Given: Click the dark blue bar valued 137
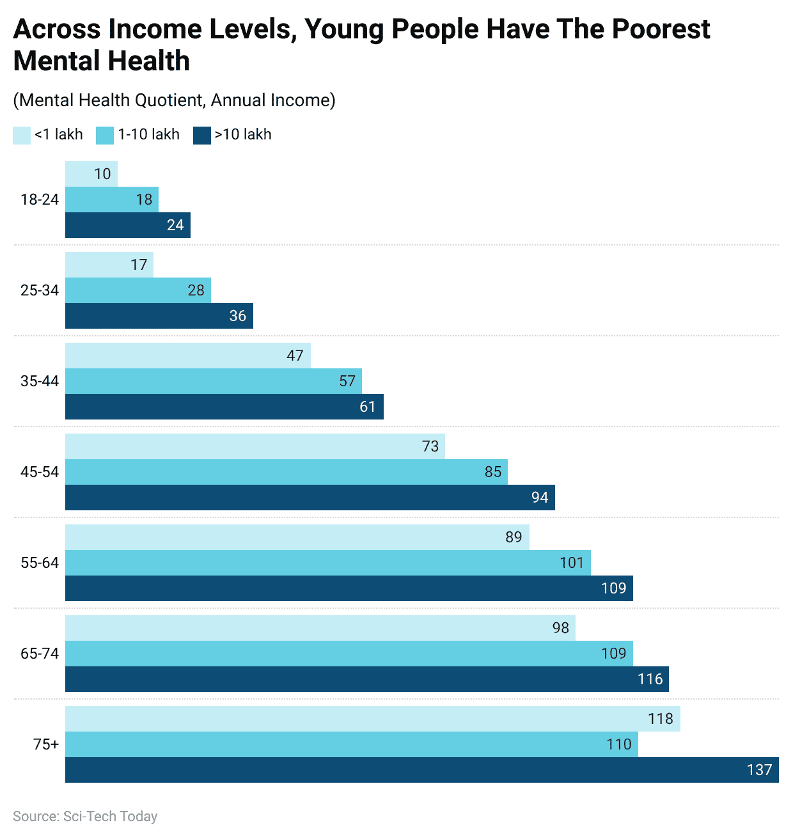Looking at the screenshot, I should pos(422,770).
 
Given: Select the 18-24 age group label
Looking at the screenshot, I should pos(40,200).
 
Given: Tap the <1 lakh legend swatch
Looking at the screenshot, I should pos(22,135).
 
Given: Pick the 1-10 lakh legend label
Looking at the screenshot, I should pos(148,135).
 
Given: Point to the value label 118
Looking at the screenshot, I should pos(660,719).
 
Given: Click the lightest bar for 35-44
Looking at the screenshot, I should pos(188,356).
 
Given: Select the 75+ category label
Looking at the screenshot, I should pos(46,744).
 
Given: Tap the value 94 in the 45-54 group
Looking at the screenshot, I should pos(540,498).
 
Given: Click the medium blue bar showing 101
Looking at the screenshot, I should pos(327,563).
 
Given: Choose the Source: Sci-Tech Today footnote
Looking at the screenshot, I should pos(85,817).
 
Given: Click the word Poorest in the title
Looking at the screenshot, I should pos(661,29).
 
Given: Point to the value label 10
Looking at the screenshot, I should pos(102,174).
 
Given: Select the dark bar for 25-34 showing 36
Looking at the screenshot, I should pos(159,316).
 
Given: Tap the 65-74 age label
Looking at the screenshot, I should pos(40,654).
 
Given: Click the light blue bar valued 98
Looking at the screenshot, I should pos(320,628).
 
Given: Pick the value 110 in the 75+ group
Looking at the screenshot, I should pos(618,744).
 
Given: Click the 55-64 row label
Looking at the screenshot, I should pos(40,563).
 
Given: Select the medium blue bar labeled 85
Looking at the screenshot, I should pos(286,472).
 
